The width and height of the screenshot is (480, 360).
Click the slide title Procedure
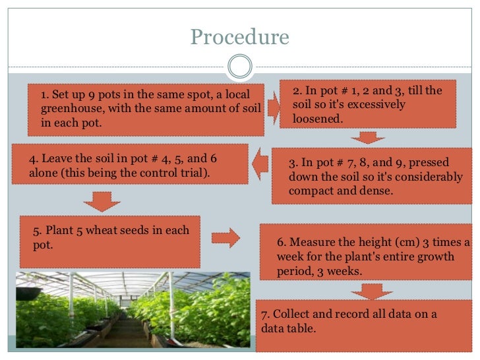click(x=240, y=38)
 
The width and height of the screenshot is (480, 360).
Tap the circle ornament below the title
click(x=239, y=66)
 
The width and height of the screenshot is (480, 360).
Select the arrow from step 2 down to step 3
click(x=367, y=137)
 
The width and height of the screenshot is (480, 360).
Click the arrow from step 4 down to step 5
click(x=102, y=200)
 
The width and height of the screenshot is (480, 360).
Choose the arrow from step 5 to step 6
click(x=225, y=238)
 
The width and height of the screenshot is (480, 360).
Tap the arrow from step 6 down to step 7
click(x=367, y=290)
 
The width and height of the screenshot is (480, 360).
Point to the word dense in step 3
click(x=374, y=191)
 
